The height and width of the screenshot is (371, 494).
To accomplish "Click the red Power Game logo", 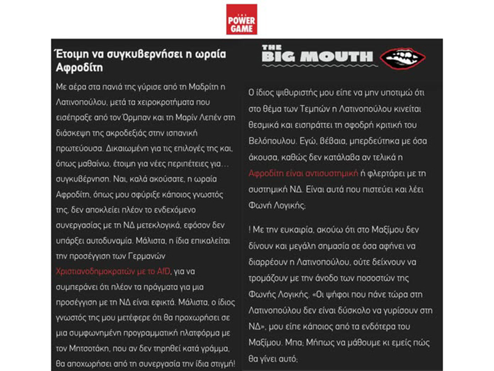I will click(x=241, y=19).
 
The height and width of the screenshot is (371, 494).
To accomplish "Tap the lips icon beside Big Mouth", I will click(x=403, y=58).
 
